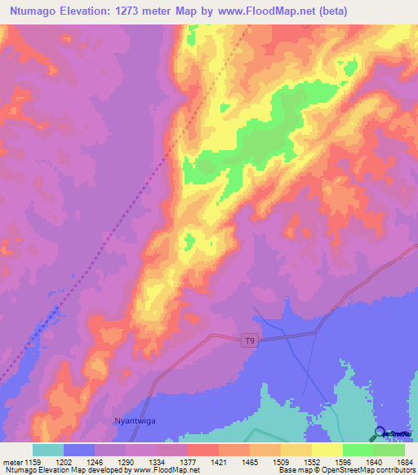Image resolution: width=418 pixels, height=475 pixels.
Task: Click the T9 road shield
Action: [x=252, y=342]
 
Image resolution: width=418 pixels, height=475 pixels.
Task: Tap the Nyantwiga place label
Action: [x=130, y=422]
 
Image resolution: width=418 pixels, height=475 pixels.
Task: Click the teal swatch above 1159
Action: [x=48, y=450]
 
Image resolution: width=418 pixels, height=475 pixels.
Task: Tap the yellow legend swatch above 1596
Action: [x=327, y=450]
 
